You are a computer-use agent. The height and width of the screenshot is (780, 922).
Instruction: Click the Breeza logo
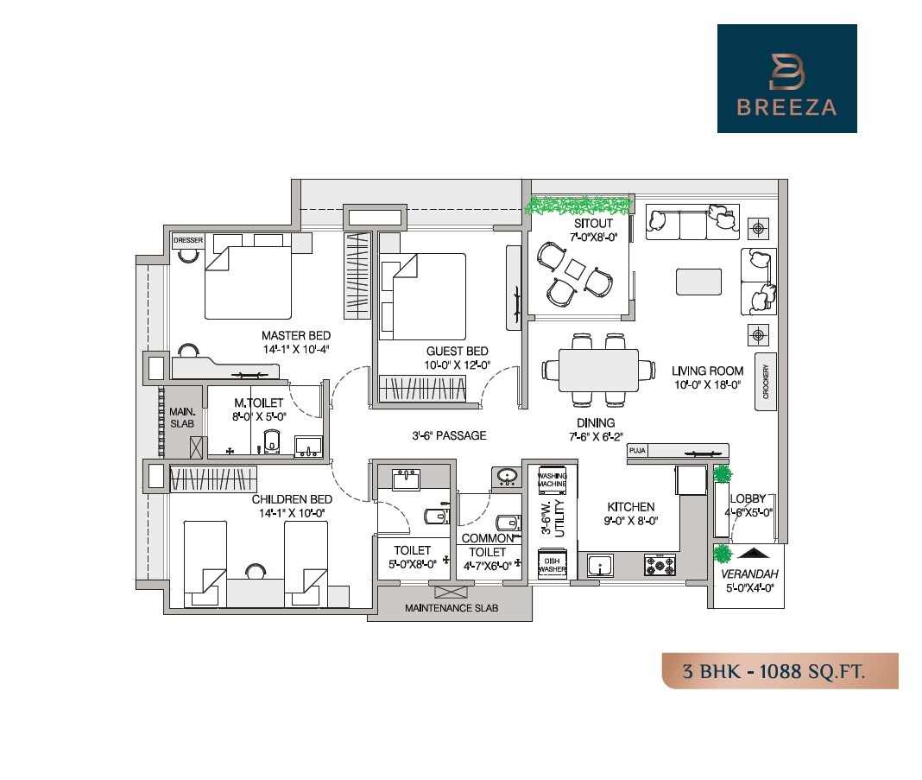[x=786, y=79]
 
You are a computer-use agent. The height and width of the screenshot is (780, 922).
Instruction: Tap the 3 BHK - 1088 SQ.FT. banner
[x=780, y=671]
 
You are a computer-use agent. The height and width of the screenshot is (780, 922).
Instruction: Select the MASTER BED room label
[x=296, y=335]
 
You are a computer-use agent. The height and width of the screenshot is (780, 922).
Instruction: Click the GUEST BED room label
[x=457, y=351]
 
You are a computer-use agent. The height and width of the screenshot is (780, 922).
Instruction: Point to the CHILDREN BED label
[x=292, y=499]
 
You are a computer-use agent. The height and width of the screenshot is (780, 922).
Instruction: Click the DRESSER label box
[x=187, y=239]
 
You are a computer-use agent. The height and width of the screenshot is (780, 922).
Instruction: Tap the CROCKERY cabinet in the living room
[x=765, y=381]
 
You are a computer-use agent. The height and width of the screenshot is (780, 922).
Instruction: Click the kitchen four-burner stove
[x=660, y=566]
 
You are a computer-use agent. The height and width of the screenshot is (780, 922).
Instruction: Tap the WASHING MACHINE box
[x=552, y=480]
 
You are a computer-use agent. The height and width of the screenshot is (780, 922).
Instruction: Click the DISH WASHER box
[x=552, y=565]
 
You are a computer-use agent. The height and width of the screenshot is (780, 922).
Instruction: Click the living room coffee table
[x=698, y=281]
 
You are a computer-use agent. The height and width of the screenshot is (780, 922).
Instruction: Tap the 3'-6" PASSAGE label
[x=448, y=436]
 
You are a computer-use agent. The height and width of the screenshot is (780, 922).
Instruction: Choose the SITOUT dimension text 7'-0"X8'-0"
[x=594, y=237]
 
